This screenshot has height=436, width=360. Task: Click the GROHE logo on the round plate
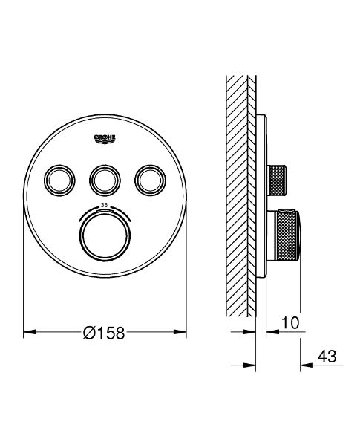pyautogui.click(x=104, y=139)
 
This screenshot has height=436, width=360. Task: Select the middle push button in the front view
pyautogui.click(x=104, y=178)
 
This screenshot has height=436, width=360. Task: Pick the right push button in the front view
pyautogui.click(x=150, y=178)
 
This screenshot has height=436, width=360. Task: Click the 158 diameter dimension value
pyautogui.click(x=111, y=332)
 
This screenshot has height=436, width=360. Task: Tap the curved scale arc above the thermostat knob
pyautogui.click(x=104, y=207)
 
